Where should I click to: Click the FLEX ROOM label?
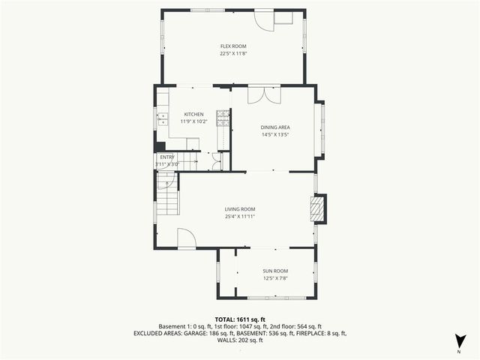coord(233,46)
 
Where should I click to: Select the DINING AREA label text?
coord(275,127)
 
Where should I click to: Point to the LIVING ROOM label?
coord(240,209)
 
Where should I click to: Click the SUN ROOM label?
coord(275,271)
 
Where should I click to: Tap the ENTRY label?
coord(166,157)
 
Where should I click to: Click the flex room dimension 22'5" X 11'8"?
coord(233,53)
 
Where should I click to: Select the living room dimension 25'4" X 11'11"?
coord(240,216)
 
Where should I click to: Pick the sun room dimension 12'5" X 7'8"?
coord(275,277)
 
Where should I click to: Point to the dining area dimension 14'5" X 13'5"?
coord(275,135)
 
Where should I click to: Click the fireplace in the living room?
coord(319,209)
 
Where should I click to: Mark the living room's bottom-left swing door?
coord(186,238)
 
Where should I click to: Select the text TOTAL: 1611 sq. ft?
coord(240,319)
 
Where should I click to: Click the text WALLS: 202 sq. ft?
coord(240,340)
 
